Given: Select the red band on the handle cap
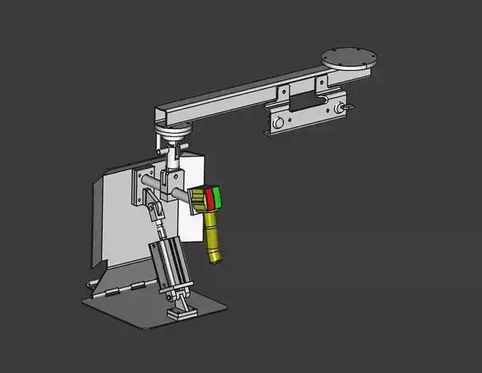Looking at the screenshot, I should point(210,200).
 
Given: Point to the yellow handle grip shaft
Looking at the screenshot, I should point(212,234).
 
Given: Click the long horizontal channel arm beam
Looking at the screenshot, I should point(239,95).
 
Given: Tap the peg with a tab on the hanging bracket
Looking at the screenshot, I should point(345,109).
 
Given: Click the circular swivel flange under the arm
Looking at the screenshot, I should point(175,132).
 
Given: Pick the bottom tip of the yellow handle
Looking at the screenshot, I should point(216,257).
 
